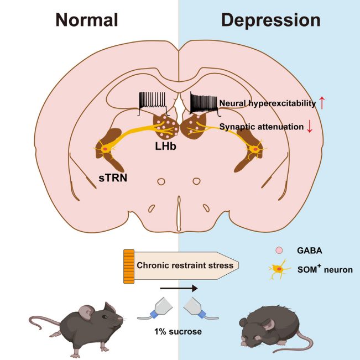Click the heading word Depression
coord(270,20)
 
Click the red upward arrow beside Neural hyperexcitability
coord(323,103)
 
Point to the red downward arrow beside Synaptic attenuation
coord(310,127)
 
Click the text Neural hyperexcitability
coord(268,103)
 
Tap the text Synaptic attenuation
coord(262,127)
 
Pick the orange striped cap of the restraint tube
coord(129,266)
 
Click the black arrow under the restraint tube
coord(178,288)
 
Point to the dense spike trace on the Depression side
coord(204,101)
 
